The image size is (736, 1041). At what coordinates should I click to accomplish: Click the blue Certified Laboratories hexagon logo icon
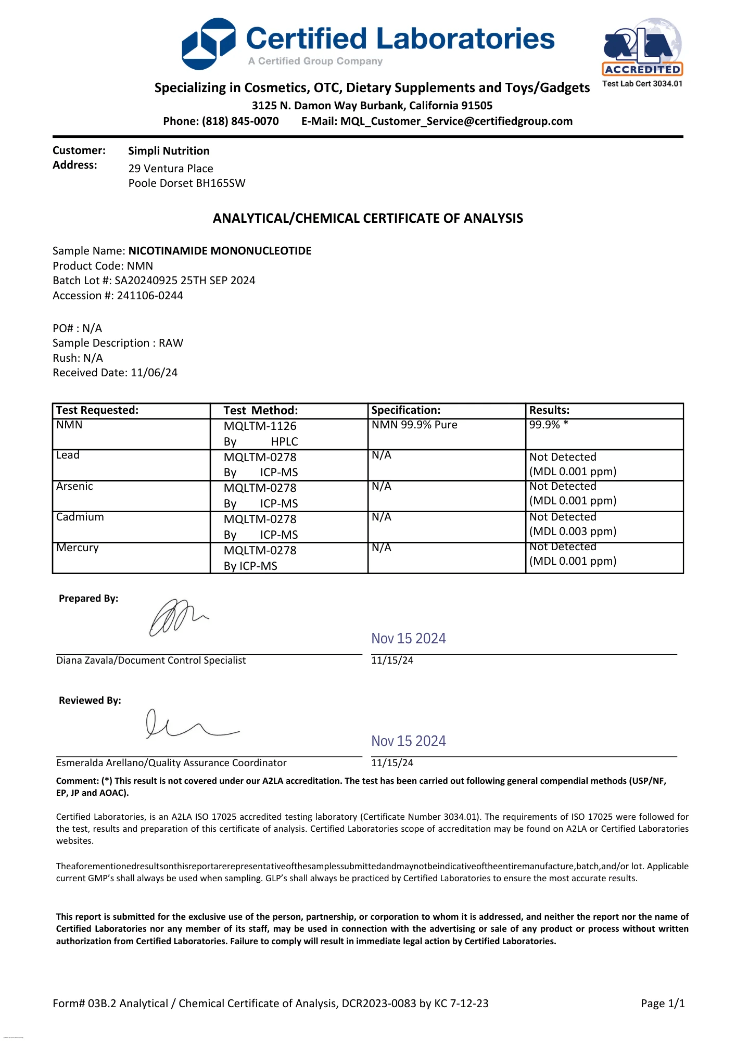(208, 44)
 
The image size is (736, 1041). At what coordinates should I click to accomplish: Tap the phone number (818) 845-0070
(240, 121)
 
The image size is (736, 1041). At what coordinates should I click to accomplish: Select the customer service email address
(456, 121)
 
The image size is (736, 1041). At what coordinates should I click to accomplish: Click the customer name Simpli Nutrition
(169, 151)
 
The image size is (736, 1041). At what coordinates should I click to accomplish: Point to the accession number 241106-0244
(150, 296)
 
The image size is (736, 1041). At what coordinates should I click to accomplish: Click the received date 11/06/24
(154, 373)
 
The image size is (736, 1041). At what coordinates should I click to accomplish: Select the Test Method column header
(261, 410)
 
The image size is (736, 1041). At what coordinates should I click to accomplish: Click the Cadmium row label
(80, 517)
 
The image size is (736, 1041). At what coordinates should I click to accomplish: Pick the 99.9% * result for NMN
(549, 425)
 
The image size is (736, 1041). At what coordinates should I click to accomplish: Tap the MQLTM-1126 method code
(260, 426)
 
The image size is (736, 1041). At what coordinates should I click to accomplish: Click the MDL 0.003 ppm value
(573, 531)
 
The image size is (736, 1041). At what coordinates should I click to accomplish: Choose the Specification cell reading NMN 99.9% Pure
(414, 425)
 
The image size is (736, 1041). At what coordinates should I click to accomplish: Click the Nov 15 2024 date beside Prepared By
(409, 639)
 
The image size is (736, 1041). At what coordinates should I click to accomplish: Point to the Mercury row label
(78, 548)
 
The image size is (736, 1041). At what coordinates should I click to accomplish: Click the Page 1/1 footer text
(663, 1004)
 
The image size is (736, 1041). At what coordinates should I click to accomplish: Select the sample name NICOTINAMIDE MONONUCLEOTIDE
(220, 251)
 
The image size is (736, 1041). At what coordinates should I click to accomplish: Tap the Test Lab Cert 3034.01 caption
(642, 84)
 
